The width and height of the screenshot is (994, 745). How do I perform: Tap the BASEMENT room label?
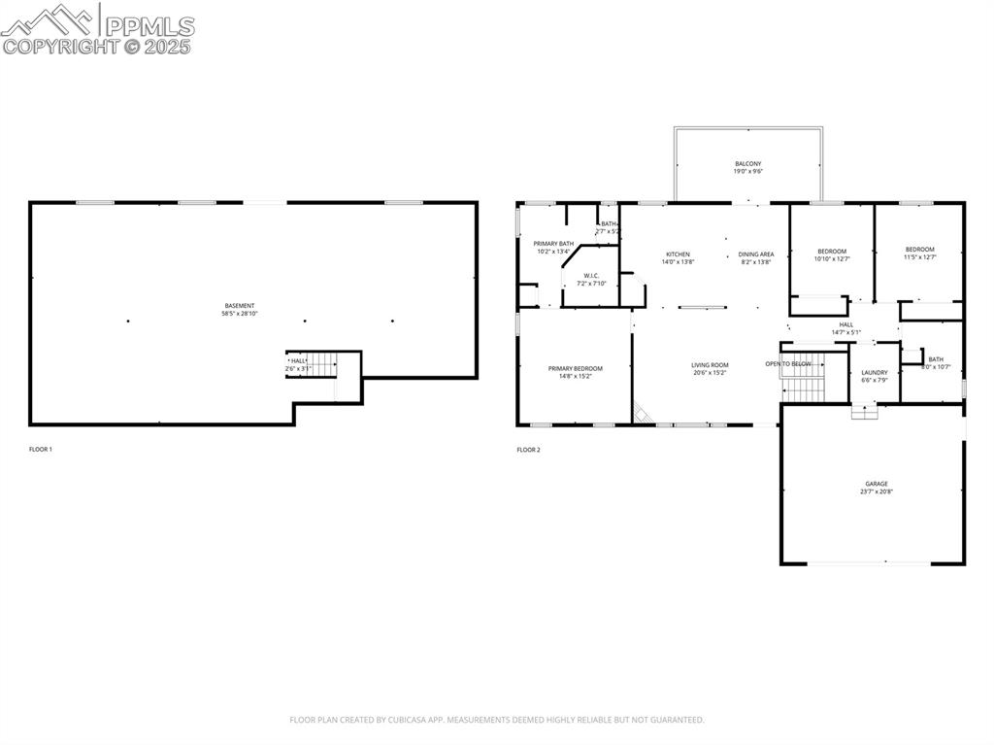tap(240, 306)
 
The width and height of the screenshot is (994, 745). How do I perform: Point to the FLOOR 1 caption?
tap(41, 450)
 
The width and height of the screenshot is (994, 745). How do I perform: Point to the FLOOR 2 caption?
tap(528, 450)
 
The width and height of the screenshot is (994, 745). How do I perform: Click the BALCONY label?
tap(747, 163)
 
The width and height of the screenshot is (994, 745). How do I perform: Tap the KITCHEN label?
tap(678, 254)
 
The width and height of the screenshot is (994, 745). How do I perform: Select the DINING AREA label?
tap(755, 254)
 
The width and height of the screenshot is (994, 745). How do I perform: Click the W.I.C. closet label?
tap(591, 275)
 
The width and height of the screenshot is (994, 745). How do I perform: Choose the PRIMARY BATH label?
tap(553, 243)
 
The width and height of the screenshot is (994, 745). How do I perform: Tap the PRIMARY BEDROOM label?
tap(575, 368)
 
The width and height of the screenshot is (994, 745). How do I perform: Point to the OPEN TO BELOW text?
tap(787, 363)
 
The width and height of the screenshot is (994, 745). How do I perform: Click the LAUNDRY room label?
tap(874, 372)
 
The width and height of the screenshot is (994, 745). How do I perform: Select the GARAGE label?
tap(877, 484)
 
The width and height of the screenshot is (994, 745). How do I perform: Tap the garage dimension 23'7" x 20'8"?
tap(877, 492)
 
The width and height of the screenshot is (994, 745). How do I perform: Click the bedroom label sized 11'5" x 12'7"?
tap(919, 250)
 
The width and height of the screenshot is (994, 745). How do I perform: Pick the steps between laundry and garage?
tap(864, 411)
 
